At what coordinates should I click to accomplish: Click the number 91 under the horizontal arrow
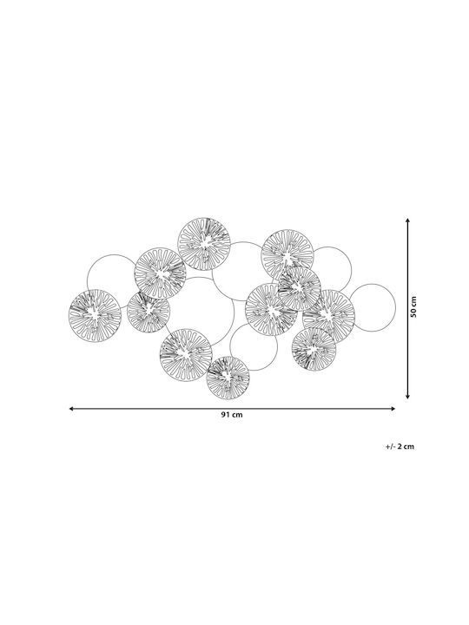226,415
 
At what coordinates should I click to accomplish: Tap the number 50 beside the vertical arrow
413,312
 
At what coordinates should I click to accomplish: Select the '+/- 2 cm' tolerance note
400,446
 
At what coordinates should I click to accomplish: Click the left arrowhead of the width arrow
71,409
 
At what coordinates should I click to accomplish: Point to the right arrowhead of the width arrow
393,409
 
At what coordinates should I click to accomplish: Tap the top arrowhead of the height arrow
407,220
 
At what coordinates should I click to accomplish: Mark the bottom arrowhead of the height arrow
407,396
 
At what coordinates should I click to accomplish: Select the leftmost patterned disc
95,316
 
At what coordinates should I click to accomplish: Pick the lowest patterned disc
228,378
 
